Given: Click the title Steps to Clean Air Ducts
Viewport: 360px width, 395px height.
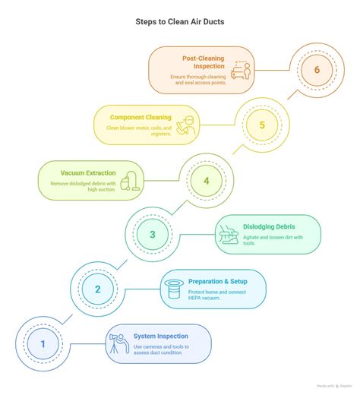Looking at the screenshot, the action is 180,22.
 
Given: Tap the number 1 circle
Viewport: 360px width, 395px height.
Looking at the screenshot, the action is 43,343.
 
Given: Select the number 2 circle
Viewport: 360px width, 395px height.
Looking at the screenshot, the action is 98,289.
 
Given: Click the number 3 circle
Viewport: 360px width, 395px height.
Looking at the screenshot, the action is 153,234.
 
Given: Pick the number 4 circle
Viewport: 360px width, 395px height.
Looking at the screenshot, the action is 207,181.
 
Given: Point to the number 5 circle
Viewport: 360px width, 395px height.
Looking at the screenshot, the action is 262,125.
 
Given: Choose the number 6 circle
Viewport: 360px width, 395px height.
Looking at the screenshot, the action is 317,70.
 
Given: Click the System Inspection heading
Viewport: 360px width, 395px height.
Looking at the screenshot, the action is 161,336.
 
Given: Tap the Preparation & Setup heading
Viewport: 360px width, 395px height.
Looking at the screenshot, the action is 218,281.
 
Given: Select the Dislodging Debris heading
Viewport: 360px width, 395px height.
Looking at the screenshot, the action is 269,226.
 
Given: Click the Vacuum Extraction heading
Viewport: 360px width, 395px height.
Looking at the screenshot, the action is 88,173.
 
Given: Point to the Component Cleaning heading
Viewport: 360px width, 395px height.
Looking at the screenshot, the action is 141,118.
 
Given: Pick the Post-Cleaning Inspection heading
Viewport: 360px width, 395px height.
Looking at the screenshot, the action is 204,62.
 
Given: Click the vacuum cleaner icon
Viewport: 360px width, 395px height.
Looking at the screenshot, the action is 130,181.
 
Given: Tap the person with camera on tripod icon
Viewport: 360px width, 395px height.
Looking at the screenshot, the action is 119,343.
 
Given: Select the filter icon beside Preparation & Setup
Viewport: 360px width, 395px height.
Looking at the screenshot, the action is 174,289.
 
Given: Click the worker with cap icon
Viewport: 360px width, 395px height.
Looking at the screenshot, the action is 186,125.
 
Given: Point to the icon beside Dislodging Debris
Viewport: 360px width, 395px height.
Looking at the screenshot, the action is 229,235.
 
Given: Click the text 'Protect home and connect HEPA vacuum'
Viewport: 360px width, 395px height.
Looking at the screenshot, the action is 217,295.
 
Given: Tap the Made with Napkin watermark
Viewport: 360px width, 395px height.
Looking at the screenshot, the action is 334,386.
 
